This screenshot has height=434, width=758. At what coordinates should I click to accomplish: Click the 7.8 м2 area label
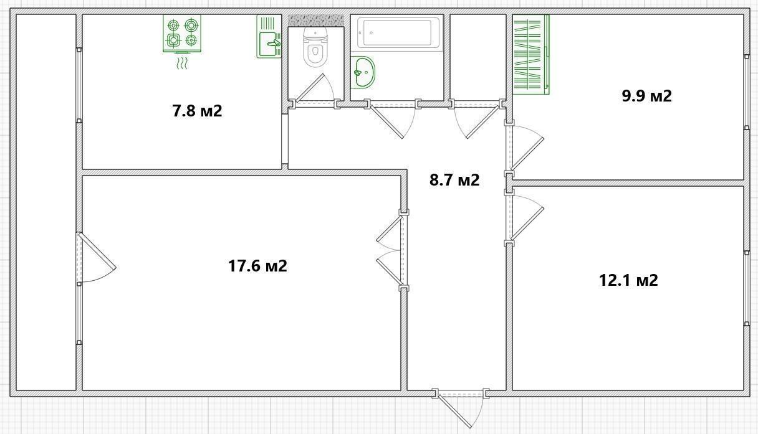coord(197,111)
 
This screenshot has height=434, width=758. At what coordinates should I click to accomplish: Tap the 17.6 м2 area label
coord(257,266)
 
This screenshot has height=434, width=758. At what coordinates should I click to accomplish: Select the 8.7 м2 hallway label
coord(454,180)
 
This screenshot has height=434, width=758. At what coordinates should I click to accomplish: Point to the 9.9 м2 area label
coord(646,96)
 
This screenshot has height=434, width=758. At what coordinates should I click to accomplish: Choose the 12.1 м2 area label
coord(628,280)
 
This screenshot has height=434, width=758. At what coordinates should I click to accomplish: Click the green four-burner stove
coord(182,34)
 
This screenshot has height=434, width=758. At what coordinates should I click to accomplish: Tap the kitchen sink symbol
coord(269,37)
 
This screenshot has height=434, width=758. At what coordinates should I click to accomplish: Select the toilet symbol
coord(315,47)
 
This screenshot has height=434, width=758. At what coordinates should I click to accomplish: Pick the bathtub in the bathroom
coord(398,33)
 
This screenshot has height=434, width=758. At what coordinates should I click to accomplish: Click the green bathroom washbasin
coord(363,72)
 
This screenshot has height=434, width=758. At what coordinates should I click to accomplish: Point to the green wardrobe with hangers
coord(531,54)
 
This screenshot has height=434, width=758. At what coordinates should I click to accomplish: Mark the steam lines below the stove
coord(182,64)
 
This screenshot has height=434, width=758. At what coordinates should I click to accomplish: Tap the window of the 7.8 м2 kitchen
coord(79,85)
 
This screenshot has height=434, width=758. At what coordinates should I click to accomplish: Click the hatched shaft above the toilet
coord(315,21)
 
